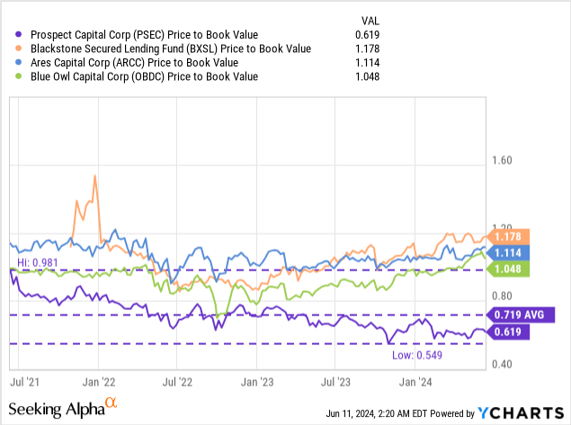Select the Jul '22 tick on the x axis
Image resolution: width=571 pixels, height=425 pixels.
tap(180, 381)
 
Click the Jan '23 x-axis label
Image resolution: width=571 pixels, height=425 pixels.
tap(258, 381)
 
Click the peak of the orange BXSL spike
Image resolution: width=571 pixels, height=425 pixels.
tap(94, 176)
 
